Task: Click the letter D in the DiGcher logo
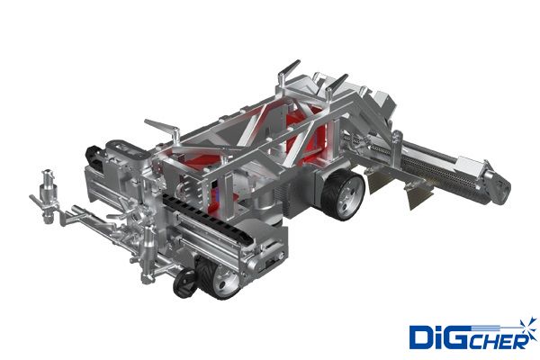pyautogui.click(x=420, y=337)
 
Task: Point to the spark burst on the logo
pyautogui.click(x=528, y=328)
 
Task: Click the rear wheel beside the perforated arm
pyautogui.click(x=343, y=195)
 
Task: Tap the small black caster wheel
pyautogui.click(x=184, y=283)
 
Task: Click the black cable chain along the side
pyautogui.click(x=207, y=217)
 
